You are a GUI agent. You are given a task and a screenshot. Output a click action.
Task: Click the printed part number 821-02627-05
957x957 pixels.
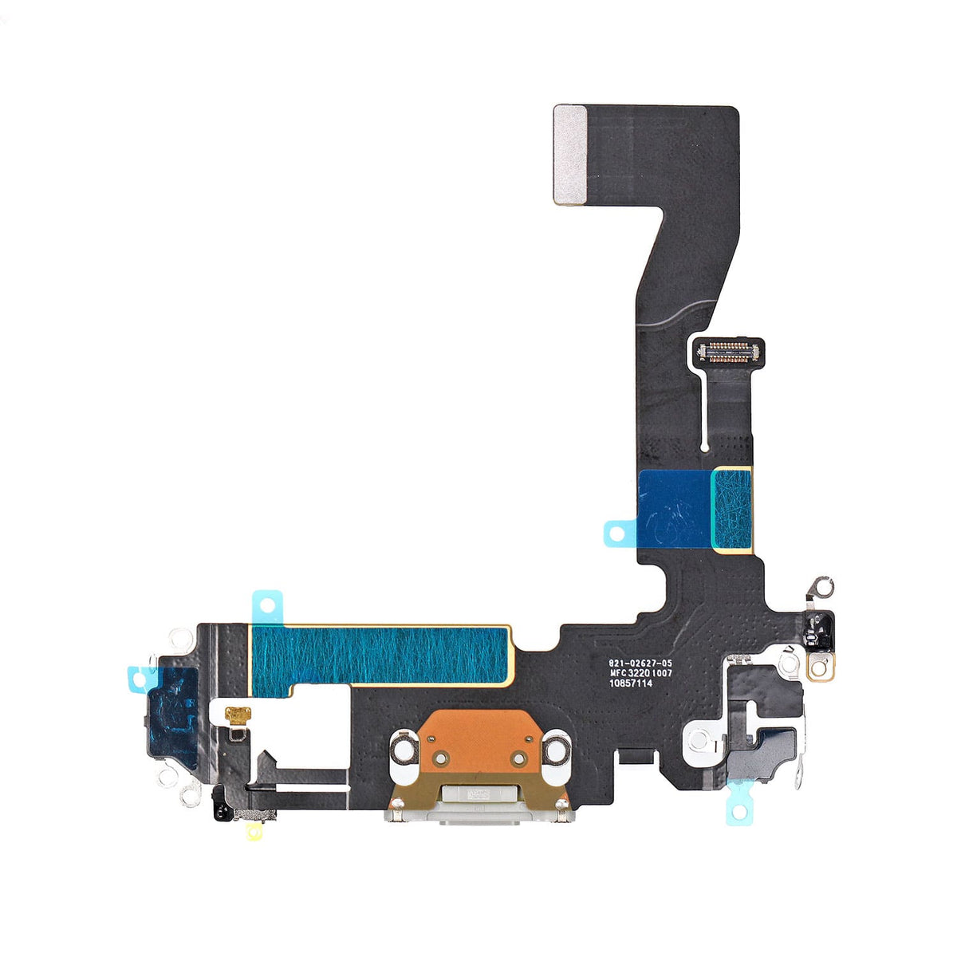640,663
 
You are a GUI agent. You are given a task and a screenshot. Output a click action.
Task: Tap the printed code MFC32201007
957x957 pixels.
640,673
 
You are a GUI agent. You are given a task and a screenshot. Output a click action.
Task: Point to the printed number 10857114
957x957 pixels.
631,683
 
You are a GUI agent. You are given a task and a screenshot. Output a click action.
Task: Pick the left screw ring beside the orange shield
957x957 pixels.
404,750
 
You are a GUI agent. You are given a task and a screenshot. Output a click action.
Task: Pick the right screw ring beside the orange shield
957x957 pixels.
555,750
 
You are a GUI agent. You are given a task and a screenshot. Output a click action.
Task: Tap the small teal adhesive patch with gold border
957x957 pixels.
731,509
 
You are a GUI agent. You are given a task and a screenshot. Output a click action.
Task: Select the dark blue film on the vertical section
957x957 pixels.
675,509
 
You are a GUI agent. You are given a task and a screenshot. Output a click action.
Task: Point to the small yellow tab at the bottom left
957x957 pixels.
254,832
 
